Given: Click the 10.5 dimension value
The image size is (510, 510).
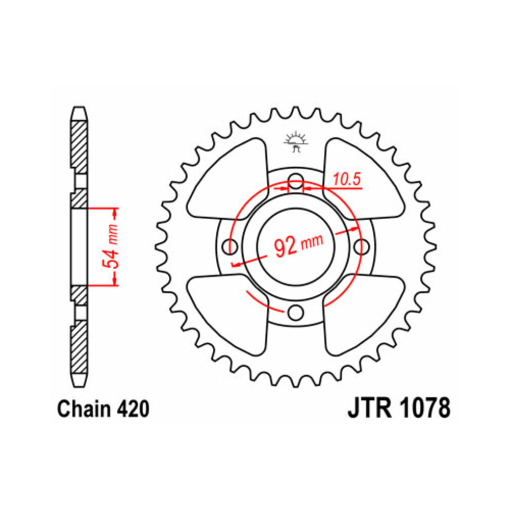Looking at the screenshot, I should [347, 179].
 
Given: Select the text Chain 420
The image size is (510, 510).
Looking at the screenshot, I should [104, 410].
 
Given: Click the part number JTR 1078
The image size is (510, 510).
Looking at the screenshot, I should [399, 410].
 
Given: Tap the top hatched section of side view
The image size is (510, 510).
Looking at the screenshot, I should [78, 145].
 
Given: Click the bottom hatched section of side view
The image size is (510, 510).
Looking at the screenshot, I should [78, 347].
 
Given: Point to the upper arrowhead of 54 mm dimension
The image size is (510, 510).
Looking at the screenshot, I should [115, 211].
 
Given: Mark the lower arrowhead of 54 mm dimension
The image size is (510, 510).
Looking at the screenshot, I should [115, 282].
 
